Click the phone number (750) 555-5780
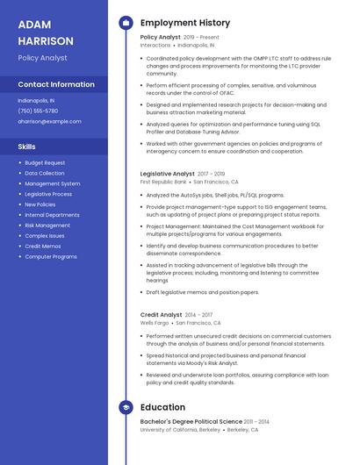coord(38,111)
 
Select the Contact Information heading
coord(56,84)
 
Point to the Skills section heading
coord(27,147)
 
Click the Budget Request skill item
coord(45,162)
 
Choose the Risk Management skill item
coord(47,225)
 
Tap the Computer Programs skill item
coord(51,257)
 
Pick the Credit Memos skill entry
coord(43,247)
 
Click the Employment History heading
coord(185,23)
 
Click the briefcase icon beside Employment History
coord(126,23)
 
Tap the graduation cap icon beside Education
coord(126,407)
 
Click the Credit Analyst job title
coord(162,314)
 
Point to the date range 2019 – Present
coord(202,37)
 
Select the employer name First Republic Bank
coord(163,182)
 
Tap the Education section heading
coord(162,407)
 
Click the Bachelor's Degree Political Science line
coord(191,421)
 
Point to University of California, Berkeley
coord(180,430)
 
